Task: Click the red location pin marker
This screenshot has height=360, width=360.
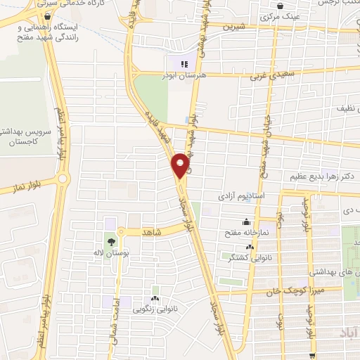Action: [181, 165]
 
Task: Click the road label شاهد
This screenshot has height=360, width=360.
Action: [152, 231]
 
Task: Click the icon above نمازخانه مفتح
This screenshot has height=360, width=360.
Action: [246, 203]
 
